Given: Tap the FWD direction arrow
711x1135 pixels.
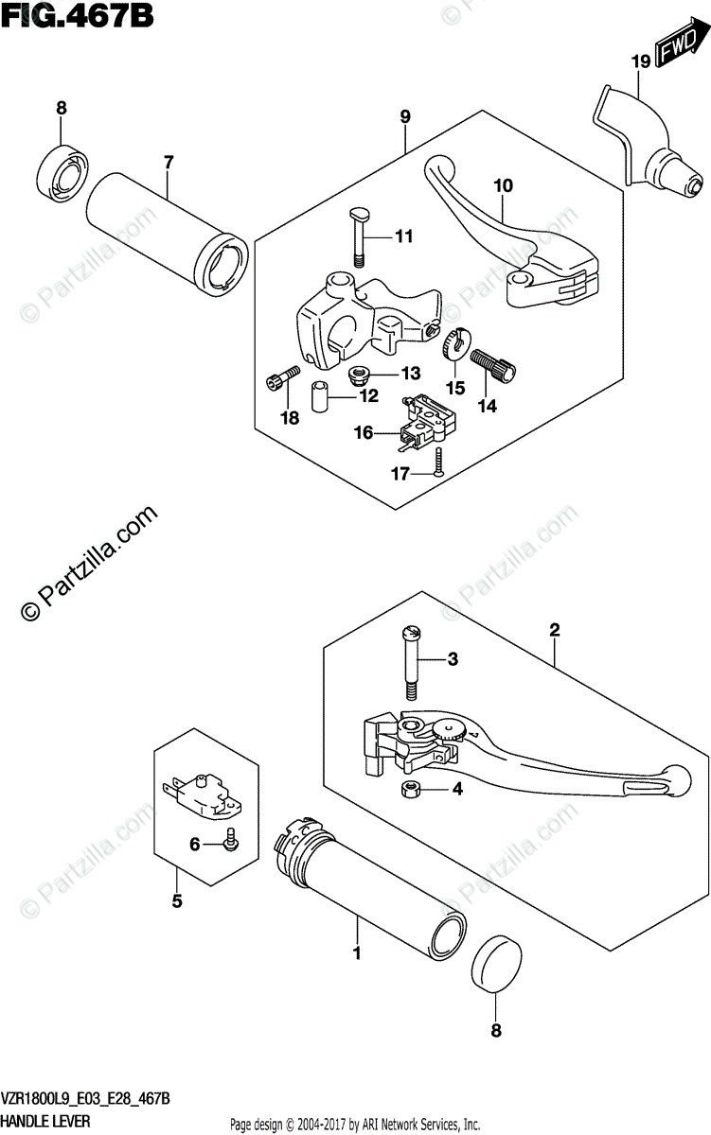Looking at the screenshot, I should tap(679, 49).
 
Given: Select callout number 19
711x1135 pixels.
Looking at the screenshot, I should tap(641, 62).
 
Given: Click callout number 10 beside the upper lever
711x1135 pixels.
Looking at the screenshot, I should tap(502, 185).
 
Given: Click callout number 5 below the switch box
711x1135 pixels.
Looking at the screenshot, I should tap(176, 901).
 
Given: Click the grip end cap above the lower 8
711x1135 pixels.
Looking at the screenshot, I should tap(494, 959).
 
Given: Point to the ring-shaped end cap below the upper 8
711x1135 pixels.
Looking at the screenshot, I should tap(62, 169).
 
